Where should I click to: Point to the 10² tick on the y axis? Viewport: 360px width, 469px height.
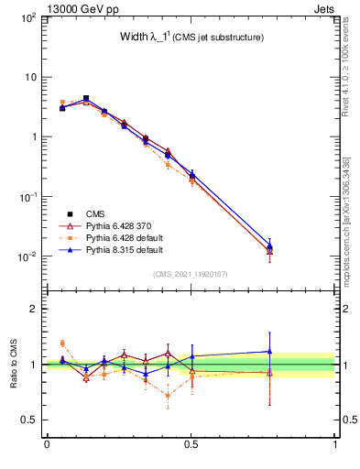tap(27, 17)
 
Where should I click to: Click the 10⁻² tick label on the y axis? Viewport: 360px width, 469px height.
tap(27, 256)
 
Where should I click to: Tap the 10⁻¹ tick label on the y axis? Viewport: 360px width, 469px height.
tap(27, 197)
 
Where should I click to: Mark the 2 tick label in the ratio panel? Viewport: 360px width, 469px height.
tap(32, 309)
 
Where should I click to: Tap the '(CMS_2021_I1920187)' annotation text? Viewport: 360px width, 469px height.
tap(190, 273)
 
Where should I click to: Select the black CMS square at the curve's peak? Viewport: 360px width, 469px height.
tap(86, 98)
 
